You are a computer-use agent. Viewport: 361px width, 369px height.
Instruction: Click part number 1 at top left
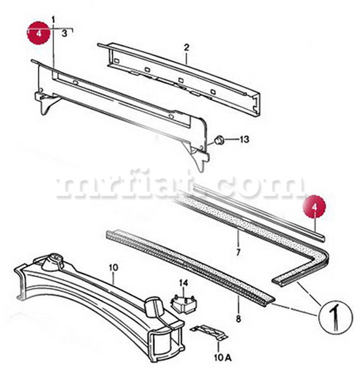54,20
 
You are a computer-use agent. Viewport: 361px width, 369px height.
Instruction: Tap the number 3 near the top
65,33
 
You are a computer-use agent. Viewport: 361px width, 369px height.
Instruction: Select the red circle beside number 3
39,33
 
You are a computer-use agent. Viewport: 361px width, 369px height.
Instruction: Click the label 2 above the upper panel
186,47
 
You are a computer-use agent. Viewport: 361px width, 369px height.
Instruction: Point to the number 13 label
244,140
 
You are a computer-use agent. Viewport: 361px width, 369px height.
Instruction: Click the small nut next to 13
218,141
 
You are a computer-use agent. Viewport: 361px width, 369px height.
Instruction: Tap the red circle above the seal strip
314,207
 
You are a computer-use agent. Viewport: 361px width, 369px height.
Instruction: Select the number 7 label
238,252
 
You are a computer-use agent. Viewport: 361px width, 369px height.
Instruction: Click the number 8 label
239,319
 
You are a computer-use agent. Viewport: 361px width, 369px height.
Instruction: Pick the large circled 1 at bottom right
336,317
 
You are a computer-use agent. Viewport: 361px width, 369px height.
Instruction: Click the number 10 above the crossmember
113,268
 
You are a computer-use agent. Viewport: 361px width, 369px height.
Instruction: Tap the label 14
183,283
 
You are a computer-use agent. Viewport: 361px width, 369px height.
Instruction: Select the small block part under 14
184,304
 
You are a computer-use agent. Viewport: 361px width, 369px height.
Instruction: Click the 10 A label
223,358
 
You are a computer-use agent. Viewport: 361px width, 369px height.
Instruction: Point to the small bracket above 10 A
209,332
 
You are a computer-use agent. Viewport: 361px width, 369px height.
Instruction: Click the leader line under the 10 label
114,279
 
